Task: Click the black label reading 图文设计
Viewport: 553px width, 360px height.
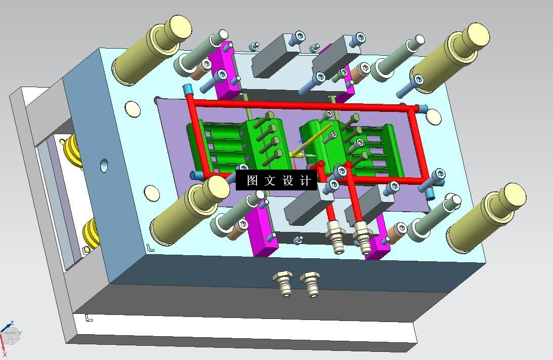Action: click(x=276, y=180)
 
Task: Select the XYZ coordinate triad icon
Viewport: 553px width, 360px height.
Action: click(x=10, y=334)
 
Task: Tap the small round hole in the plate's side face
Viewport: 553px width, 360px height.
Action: click(x=104, y=165)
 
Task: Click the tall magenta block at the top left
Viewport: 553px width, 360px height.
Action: click(x=226, y=71)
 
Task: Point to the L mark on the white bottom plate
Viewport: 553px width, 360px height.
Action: click(x=89, y=318)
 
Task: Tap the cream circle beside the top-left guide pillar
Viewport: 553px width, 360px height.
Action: click(x=132, y=109)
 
